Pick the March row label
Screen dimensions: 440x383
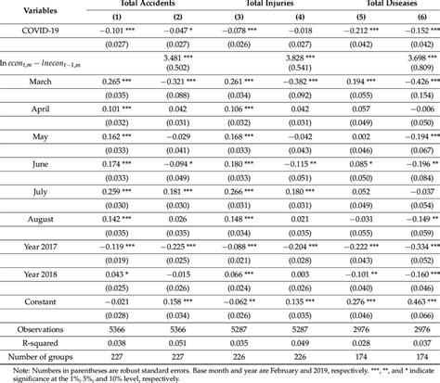coord(34,83)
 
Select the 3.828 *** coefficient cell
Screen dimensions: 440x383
coord(306,57)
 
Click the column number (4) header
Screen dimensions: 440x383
coord(306,18)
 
